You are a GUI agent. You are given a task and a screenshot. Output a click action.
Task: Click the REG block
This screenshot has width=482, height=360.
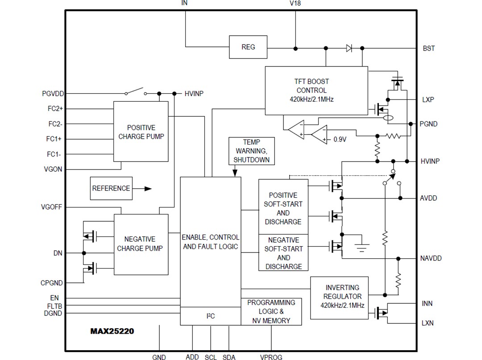pyautogui.click(x=248, y=47)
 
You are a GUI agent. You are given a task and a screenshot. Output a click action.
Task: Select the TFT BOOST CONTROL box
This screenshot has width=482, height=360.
pyautogui.click(x=316, y=90)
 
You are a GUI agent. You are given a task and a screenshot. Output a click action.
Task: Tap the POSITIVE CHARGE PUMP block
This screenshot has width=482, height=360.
pyautogui.click(x=141, y=132)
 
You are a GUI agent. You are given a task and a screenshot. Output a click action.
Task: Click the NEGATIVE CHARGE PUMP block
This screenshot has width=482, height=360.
pyautogui.click(x=141, y=244)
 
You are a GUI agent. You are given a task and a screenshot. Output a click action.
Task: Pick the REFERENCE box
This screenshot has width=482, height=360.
pyautogui.click(x=111, y=188)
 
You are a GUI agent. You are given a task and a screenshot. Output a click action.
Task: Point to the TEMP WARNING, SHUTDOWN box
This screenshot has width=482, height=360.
pyautogui.click(x=251, y=151)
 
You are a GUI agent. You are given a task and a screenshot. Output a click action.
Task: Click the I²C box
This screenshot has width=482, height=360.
pyautogui.click(x=210, y=316)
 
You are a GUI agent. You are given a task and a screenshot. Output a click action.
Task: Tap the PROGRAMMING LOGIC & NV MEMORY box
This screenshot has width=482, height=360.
pyautogui.click(x=271, y=311)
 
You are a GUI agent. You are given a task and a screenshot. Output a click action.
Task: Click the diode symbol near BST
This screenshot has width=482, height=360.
pyautogui.click(x=349, y=48)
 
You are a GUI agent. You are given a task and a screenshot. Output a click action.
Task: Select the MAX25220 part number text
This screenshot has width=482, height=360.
pyautogui.click(x=112, y=331)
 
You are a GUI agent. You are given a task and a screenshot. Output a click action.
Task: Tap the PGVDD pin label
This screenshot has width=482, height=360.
pyautogui.click(x=53, y=94)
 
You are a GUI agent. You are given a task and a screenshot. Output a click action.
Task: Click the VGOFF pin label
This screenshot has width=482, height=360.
pyautogui.click(x=51, y=207)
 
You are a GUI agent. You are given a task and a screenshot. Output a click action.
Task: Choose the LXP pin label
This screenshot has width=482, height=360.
pyautogui.click(x=428, y=99)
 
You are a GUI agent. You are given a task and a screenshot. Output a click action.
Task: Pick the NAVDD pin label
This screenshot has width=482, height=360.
pyautogui.click(x=431, y=258)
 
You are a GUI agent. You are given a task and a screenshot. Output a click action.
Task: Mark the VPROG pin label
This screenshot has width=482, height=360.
pyautogui.click(x=271, y=357)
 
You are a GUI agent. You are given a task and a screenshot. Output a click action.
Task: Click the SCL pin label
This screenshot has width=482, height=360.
pyautogui.click(x=211, y=357)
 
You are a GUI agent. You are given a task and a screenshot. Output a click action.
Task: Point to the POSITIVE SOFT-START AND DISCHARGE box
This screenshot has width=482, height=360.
pyautogui.click(x=283, y=208)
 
